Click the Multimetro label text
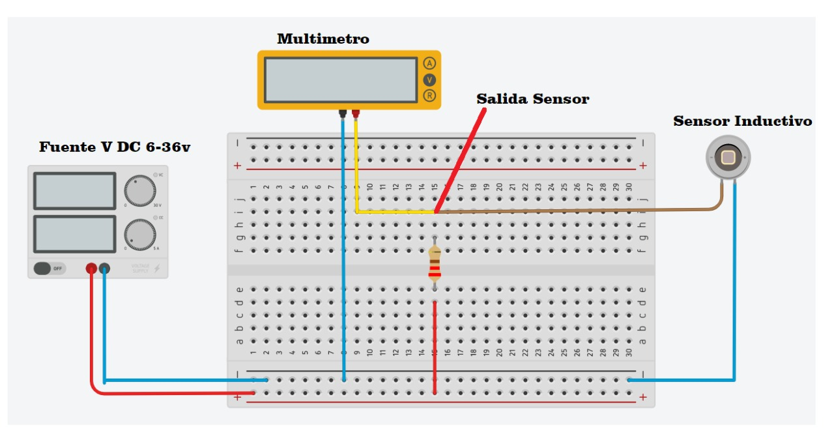click(323, 39)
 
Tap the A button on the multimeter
click(429, 63)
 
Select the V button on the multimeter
click(429, 80)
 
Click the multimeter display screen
click(341, 80)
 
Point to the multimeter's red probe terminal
click(356, 113)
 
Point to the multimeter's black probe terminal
click(343, 113)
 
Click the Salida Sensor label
click(532, 99)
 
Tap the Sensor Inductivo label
click(742, 121)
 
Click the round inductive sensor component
click(728, 157)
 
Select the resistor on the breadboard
click(435, 263)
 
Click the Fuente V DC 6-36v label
click(115, 147)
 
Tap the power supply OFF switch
click(50, 268)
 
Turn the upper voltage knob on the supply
click(140, 190)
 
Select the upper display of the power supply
click(74, 191)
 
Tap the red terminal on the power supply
click(92, 268)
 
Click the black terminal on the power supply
click(104, 268)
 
